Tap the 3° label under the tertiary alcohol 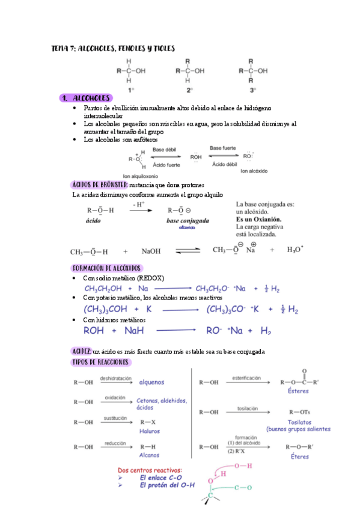[253, 90]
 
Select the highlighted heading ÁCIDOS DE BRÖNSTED [99, 185]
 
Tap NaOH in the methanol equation [150, 252]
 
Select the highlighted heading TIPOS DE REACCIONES [100, 362]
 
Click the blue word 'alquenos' [151, 382]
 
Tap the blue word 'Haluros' [150, 431]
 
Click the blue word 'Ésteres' [299, 391]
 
